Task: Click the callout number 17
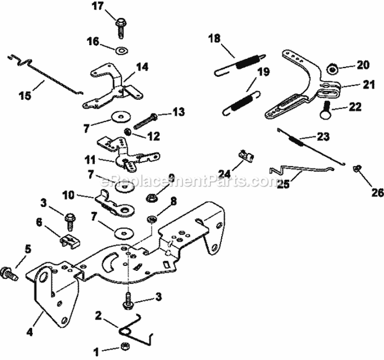(x=97, y=7)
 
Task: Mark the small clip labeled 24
(x=245, y=154)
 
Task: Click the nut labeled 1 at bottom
(x=124, y=349)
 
